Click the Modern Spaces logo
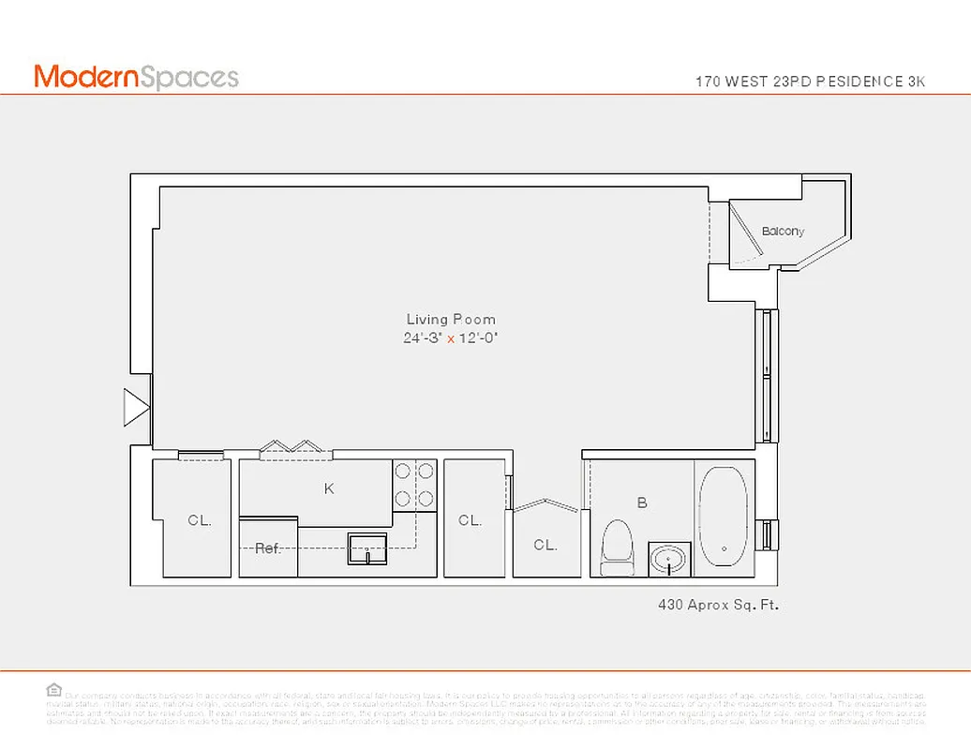tap(137, 77)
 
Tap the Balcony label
tap(783, 232)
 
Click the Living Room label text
tap(451, 320)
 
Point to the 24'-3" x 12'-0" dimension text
tap(451, 338)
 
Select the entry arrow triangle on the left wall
tap(137, 409)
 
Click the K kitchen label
tap(329, 488)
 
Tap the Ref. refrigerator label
tap(268, 548)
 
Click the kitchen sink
tap(368, 547)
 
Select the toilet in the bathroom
tap(617, 547)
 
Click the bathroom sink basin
tap(669, 559)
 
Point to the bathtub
tap(724, 517)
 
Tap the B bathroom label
tap(642, 503)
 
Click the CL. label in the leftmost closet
tap(199, 520)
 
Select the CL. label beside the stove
tap(470, 520)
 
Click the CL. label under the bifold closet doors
tap(545, 545)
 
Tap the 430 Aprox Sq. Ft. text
tap(719, 606)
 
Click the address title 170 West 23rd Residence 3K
tap(810, 82)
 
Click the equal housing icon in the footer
tap(54, 689)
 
